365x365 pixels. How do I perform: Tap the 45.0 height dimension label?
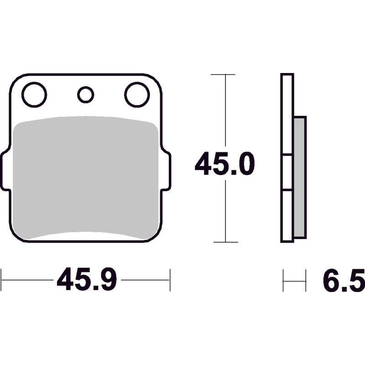click(224, 163)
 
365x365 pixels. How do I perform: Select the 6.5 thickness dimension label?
click(344, 280)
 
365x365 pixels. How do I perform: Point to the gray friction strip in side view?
click(300, 177)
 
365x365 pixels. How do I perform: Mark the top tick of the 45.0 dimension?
click(223, 74)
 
